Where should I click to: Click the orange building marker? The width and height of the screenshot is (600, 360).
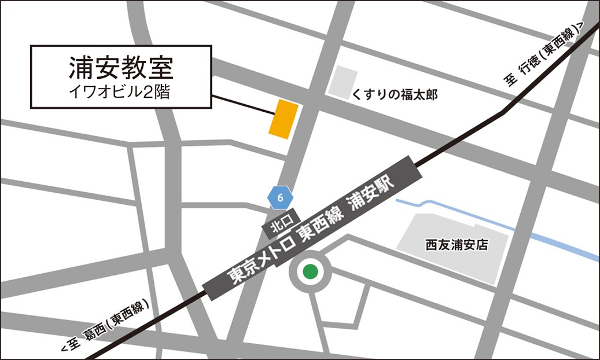284,119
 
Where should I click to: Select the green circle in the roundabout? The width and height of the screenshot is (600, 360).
311,270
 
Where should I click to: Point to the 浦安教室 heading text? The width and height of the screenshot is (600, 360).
121,68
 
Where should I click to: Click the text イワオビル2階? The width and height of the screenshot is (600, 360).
120,92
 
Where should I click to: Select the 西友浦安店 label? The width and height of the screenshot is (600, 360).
456,245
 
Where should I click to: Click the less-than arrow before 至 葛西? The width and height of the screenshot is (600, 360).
64,350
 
